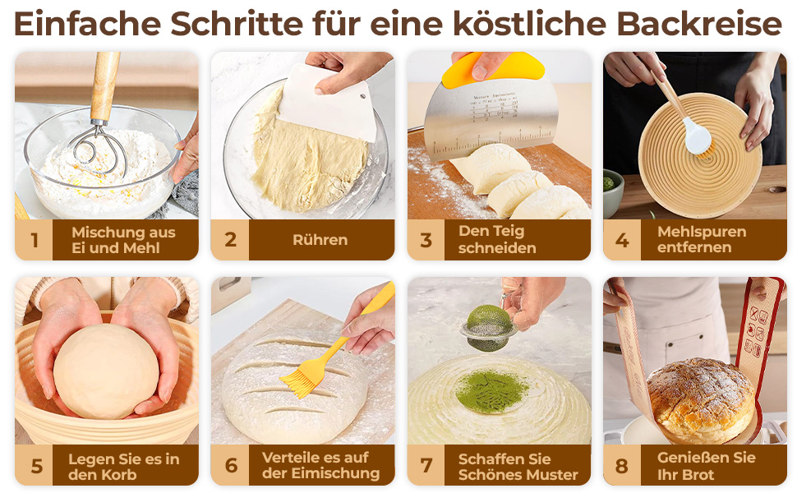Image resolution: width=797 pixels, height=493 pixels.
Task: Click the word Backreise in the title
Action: (699, 24)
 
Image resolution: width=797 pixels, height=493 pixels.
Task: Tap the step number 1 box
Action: (34, 240)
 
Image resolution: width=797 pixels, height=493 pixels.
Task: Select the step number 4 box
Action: (622, 240)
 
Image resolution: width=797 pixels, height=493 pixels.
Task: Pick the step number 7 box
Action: (426, 465)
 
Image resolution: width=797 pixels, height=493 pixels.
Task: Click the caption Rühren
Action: (320, 240)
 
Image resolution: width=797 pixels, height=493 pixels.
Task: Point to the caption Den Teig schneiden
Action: (497, 239)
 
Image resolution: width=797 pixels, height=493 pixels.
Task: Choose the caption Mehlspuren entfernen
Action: (702, 239)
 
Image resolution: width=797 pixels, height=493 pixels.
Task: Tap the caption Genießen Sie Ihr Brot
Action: (706, 466)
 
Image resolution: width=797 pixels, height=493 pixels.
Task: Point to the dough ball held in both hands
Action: (106, 371)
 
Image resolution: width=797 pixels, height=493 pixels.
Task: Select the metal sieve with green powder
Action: (488, 329)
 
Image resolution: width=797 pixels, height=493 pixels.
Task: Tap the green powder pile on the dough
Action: (491, 391)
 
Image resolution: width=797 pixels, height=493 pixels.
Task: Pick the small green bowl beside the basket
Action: (612, 192)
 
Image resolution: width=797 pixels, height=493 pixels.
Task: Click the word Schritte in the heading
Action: (237, 24)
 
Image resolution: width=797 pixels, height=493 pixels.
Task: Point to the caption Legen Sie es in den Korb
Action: (123, 467)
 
